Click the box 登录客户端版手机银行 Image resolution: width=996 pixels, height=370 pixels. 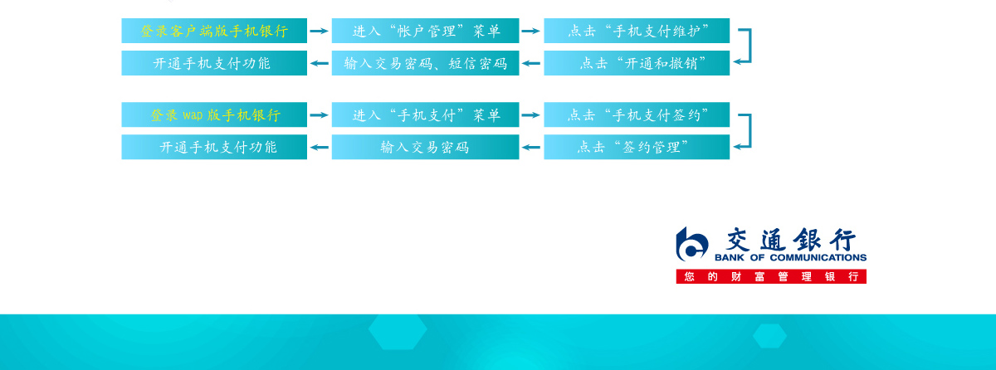pos(214,31)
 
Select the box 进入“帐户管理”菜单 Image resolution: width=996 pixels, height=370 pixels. pos(426,31)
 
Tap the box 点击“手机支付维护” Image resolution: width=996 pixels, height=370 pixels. pos(637,31)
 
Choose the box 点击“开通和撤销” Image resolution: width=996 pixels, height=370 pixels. pos(637,63)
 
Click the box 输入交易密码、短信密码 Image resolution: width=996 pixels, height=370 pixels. pos(426,63)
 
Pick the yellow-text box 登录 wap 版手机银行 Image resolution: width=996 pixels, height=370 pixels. pos(214,114)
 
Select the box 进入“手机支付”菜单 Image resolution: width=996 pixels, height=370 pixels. pos(426,114)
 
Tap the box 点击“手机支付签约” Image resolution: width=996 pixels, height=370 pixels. pos(637,114)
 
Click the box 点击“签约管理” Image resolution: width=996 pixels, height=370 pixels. pos(637,147)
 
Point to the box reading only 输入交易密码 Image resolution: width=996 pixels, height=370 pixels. pos(426,147)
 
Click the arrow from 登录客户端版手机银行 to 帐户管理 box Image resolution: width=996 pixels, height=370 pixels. pos(320,31)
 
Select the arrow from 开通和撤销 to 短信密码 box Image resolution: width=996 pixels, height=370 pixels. pos(531,63)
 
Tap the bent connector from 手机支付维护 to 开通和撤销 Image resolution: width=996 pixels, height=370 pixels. pos(750,46)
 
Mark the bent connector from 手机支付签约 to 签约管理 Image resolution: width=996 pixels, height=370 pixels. pos(750,130)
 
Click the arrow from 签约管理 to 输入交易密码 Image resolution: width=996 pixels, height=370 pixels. pos(531,147)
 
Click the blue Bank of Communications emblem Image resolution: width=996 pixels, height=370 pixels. pos(691,244)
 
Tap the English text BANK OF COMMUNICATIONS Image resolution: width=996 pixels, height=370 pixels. pos(790,257)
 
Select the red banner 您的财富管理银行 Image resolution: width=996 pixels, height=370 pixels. pos(771,276)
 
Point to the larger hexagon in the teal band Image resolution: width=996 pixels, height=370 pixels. pos(398,331)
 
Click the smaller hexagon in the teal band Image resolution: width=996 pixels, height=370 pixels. pos(769,336)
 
